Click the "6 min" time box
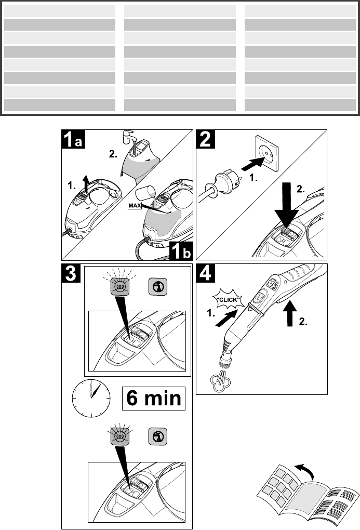click(x=154, y=399)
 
